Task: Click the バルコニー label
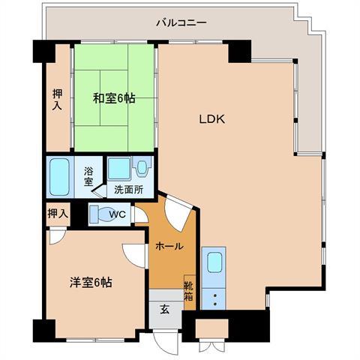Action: (181, 22)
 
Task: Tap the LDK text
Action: (212, 118)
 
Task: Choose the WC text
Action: (117, 215)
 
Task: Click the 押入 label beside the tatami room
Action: (58, 100)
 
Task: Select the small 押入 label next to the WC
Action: (58, 214)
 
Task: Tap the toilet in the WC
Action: (98, 214)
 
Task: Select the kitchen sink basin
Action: (214, 264)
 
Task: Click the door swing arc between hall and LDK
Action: (178, 213)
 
